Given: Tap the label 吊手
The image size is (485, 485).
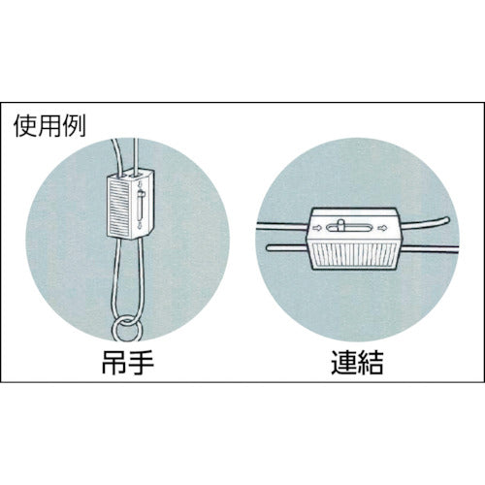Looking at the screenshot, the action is (128, 361).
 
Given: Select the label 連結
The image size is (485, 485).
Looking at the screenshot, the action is (357, 361).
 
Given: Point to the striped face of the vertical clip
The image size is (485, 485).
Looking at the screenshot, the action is (119, 210).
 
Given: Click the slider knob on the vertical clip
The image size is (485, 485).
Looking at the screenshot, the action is (142, 195).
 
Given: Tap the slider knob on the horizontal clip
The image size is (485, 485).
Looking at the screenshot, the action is (340, 225).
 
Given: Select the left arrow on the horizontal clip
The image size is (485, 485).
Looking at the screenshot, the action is (317, 228).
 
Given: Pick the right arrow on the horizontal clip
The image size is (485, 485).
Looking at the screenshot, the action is (382, 228).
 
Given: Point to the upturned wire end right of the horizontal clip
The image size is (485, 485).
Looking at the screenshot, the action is (446, 220).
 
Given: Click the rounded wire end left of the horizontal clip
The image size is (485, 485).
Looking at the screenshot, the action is (269, 248).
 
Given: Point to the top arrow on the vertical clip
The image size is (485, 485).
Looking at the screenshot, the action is (140, 184).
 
